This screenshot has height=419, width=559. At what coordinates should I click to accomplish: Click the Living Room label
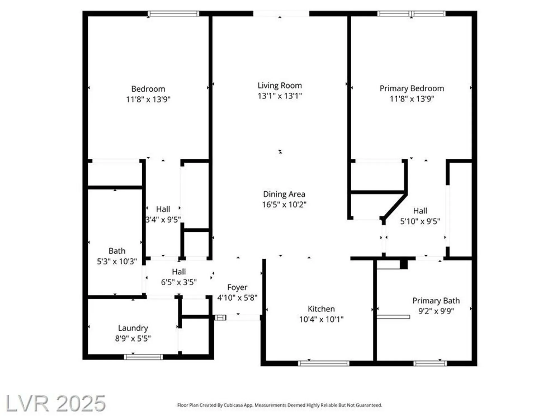[x=279, y=85]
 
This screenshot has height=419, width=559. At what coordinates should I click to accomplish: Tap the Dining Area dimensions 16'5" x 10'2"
[x=284, y=204]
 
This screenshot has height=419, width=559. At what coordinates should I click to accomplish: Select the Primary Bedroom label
[x=412, y=88]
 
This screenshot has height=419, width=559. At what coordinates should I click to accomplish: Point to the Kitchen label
[x=321, y=309]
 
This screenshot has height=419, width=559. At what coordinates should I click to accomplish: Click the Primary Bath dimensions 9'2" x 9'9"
[x=436, y=311]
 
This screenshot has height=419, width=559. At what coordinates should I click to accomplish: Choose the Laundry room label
[x=133, y=328]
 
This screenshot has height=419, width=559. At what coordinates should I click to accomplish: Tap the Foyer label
[x=237, y=287]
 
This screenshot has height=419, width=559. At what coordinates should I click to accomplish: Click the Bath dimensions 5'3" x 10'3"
[x=117, y=261]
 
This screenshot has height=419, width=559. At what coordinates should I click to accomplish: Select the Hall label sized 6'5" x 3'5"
[x=179, y=272]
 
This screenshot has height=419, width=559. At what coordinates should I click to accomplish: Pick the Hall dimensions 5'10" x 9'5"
[x=420, y=222]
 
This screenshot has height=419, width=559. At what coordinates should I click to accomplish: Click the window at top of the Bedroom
[x=173, y=13]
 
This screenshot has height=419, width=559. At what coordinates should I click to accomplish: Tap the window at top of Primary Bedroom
[x=411, y=13]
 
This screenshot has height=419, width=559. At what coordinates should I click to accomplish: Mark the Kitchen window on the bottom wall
[x=323, y=363]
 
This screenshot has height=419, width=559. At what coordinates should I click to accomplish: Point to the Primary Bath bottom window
[x=430, y=363]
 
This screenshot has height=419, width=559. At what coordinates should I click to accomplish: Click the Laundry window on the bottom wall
[x=143, y=357]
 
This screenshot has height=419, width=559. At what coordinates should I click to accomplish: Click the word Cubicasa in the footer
[x=233, y=405]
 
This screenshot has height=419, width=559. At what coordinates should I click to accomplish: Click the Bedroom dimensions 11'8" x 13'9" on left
[x=148, y=99]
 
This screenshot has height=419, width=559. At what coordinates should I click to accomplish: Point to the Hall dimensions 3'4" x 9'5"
[x=163, y=220]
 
